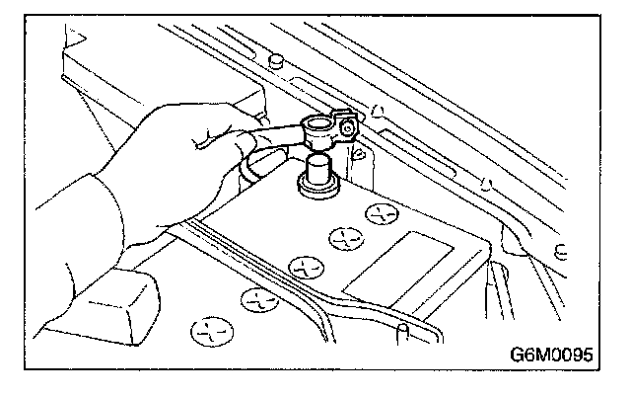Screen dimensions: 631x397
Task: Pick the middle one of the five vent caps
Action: tap(305, 264)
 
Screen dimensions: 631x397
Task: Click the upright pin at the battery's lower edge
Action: tap(403, 325)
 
